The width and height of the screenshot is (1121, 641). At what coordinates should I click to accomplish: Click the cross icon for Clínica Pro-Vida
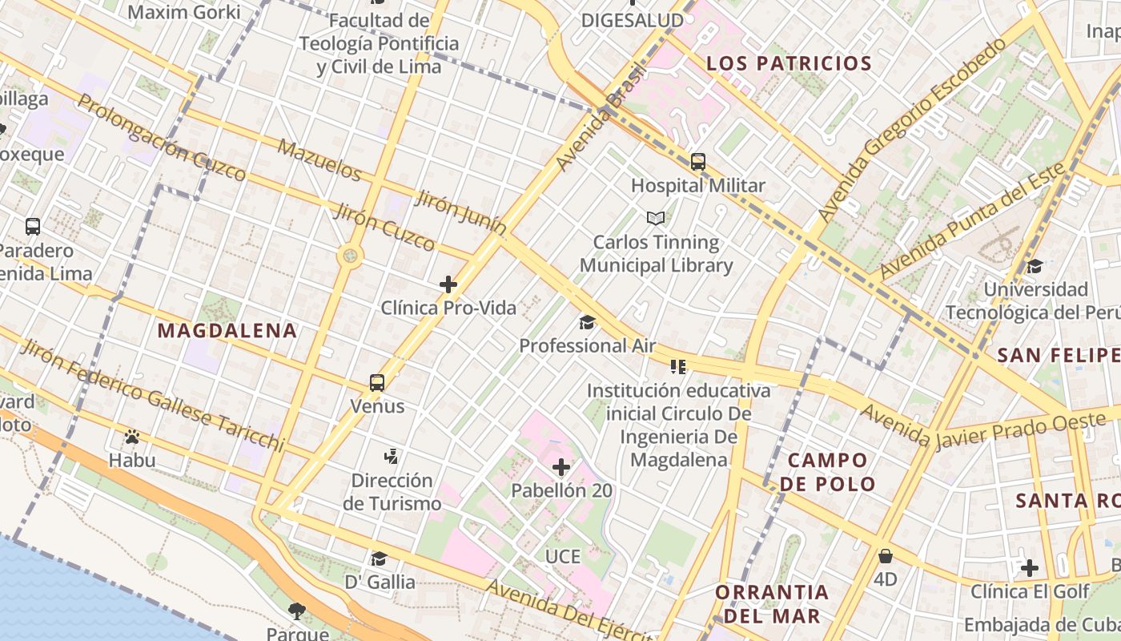(448, 284)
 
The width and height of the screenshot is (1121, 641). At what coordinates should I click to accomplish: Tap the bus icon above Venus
(377, 382)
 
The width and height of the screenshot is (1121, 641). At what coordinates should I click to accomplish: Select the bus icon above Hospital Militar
(698, 162)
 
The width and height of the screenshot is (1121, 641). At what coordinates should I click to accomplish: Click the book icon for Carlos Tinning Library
(656, 218)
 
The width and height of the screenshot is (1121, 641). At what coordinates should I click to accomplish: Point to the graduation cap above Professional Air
(588, 322)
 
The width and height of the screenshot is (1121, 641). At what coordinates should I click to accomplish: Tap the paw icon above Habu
(132, 437)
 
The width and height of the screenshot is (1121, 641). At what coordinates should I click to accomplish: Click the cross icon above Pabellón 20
(561, 466)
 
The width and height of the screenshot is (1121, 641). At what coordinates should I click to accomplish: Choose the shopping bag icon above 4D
(886, 555)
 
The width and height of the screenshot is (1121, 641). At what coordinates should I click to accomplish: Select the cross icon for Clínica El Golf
(1030, 568)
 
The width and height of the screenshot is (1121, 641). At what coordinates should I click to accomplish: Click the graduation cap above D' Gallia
(379, 558)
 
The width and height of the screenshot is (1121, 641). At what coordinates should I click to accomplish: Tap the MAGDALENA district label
(227, 330)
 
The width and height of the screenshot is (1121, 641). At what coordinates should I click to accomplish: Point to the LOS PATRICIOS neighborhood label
(789, 63)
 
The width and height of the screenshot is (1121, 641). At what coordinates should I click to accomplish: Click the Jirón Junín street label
(460, 213)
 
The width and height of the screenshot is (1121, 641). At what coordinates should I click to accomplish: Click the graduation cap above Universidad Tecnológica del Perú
(1035, 266)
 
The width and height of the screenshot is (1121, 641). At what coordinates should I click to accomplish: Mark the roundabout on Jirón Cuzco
(350, 256)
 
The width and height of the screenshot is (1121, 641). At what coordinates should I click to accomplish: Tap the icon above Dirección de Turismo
(391, 457)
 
